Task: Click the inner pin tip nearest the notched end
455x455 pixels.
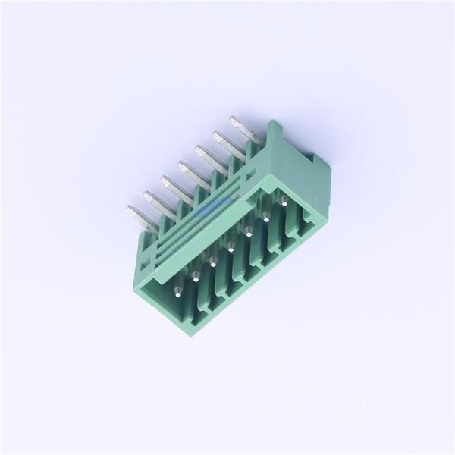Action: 283,202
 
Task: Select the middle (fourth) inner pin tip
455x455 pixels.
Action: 230,246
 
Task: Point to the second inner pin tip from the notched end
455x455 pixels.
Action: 265,215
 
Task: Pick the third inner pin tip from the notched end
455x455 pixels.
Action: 248,230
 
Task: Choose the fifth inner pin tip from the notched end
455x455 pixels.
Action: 212,262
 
